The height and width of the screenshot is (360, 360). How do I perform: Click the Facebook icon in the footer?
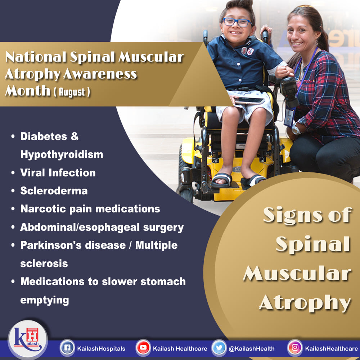(x=67, y=348)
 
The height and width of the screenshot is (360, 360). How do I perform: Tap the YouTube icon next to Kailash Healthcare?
(x=143, y=348)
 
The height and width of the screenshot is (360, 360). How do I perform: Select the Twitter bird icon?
(x=219, y=348)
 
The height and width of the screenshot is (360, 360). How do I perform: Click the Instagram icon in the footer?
(x=295, y=348)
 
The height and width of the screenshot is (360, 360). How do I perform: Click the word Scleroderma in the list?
(x=54, y=191)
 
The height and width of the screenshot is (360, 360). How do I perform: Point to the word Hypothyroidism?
(x=62, y=155)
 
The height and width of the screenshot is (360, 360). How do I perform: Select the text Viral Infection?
(x=58, y=173)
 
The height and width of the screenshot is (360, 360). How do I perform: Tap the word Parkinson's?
(x=50, y=245)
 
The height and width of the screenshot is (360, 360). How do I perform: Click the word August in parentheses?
(x=72, y=92)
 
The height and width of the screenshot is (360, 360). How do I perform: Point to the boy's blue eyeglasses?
(x=237, y=22)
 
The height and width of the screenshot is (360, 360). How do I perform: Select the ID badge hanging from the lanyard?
(x=290, y=117)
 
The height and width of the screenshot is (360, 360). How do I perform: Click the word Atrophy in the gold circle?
(x=305, y=303)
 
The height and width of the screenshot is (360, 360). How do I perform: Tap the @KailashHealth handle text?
(x=252, y=348)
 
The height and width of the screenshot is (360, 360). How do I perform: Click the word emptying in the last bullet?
(x=45, y=300)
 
